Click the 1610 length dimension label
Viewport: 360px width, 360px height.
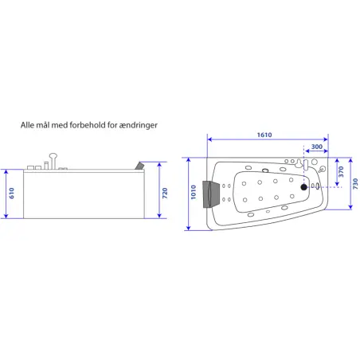tap(264, 135)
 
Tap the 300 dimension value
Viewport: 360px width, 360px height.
tap(317, 147)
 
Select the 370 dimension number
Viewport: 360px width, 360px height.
tap(341, 172)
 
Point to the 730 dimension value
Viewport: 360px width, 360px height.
tap(355, 184)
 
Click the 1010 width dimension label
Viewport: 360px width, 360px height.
tap(194, 192)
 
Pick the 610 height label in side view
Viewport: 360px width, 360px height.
tap(11, 193)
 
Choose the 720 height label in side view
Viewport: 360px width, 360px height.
tap(165, 193)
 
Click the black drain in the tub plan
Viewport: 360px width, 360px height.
tap(303, 187)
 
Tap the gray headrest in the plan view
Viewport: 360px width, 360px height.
tap(211, 194)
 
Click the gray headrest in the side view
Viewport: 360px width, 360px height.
tap(139, 166)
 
